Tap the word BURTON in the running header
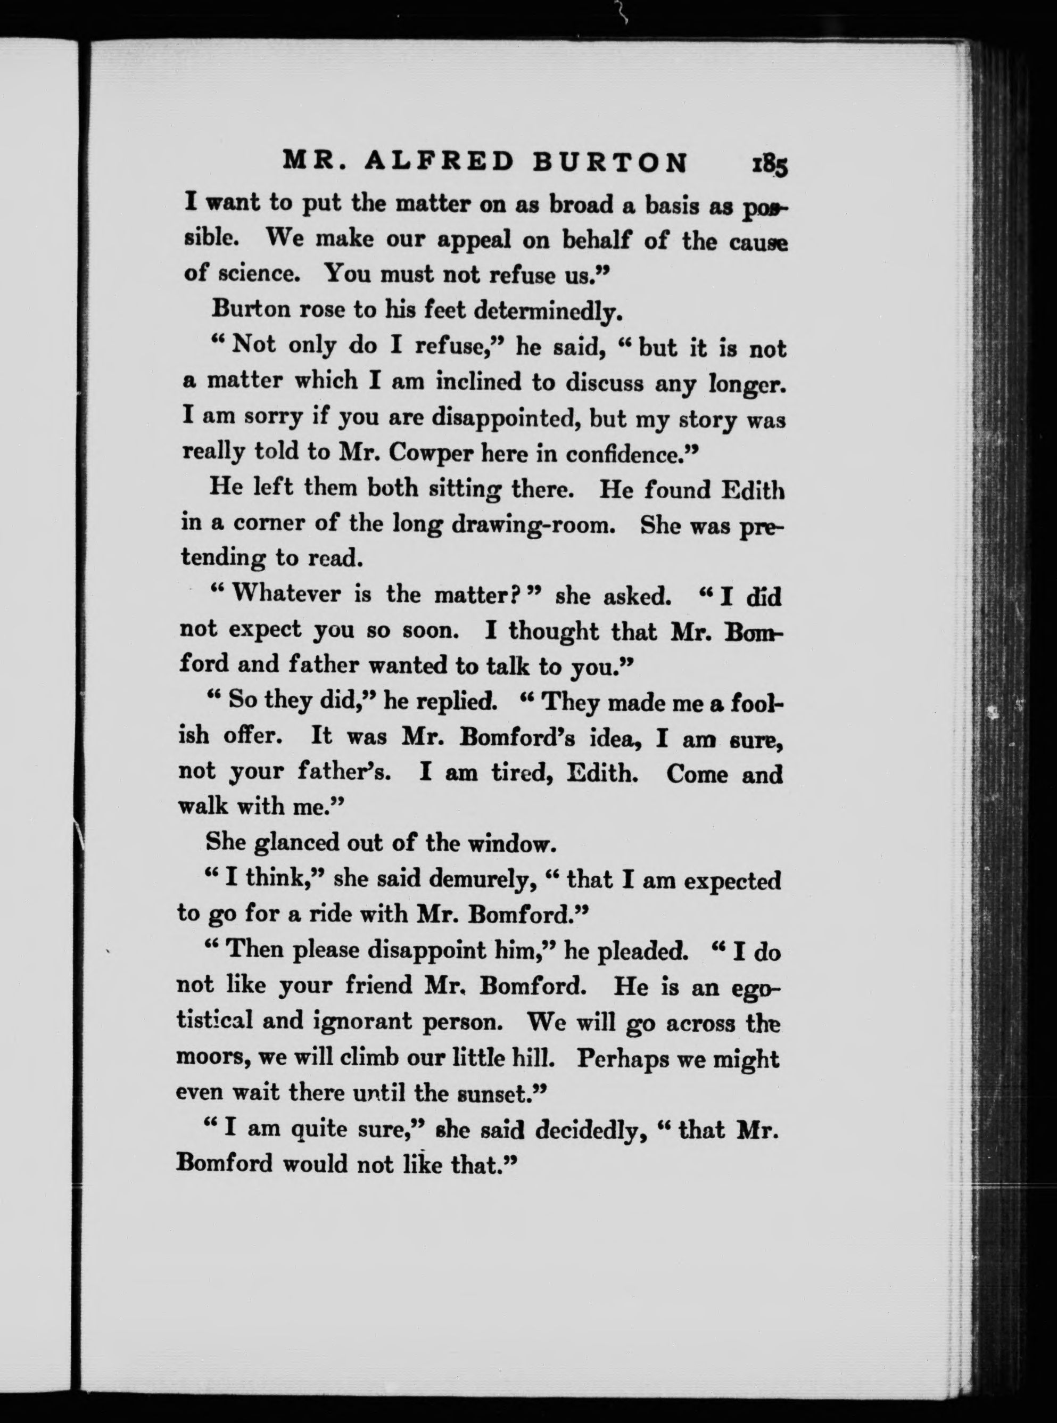(610, 162)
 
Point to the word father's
(345, 773)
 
